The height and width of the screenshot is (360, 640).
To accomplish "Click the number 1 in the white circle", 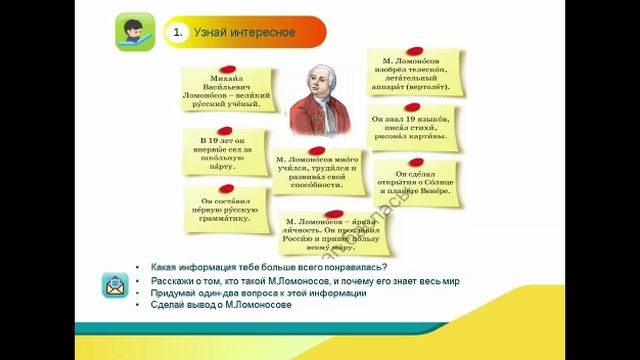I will (x=177, y=33).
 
